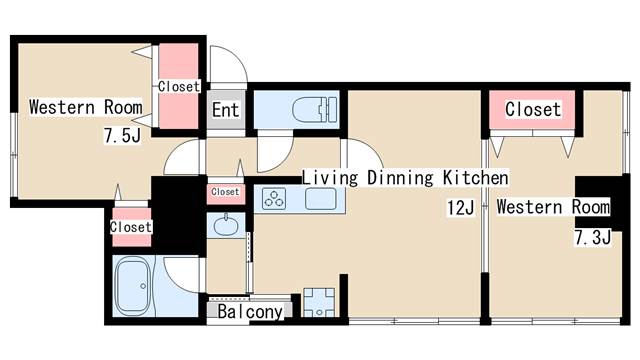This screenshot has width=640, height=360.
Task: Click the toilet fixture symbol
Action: (x=315, y=109)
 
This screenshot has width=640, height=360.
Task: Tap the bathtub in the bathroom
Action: (x=132, y=286)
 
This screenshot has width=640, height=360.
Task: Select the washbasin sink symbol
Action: (x=225, y=225)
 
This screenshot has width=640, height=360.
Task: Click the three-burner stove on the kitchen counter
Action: (x=273, y=198)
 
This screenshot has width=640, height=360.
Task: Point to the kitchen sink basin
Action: (x=321, y=199)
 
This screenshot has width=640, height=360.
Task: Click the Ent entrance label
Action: (x=225, y=110)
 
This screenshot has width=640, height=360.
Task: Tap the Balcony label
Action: (x=250, y=312)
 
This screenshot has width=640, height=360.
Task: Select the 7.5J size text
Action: (x=122, y=136)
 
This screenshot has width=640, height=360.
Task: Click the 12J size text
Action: (x=460, y=208)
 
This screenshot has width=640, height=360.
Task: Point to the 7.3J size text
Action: (x=593, y=237)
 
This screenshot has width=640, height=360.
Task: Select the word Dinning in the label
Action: (x=400, y=178)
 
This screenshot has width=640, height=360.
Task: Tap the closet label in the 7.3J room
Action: (x=533, y=109)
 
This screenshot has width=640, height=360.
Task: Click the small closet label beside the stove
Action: (x=225, y=192)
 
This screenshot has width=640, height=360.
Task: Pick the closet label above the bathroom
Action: (x=131, y=227)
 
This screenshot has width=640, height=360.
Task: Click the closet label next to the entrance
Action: (x=179, y=87)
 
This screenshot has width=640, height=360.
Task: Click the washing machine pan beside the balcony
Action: (x=319, y=302)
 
